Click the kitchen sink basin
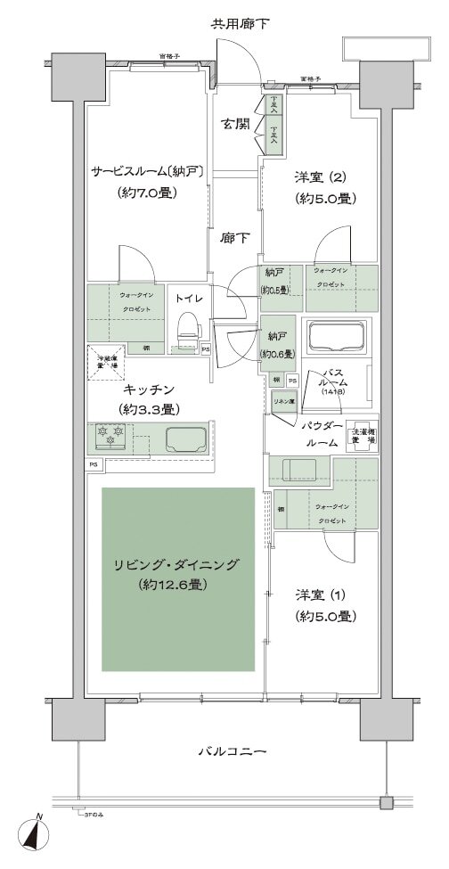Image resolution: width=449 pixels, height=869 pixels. tap(185, 439)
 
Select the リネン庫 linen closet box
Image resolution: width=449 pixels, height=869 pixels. tap(284, 400)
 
